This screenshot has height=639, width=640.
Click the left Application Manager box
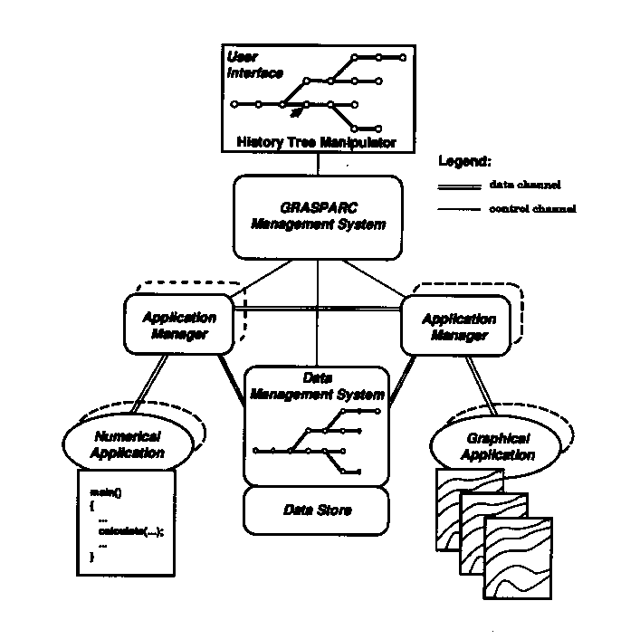pos(179,326)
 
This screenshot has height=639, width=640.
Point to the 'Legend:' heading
pos(464,161)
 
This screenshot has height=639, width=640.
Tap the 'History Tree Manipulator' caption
pos(316,142)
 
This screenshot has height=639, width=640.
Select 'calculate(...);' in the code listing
pos(130,532)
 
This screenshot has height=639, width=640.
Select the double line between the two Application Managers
pos(321,310)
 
